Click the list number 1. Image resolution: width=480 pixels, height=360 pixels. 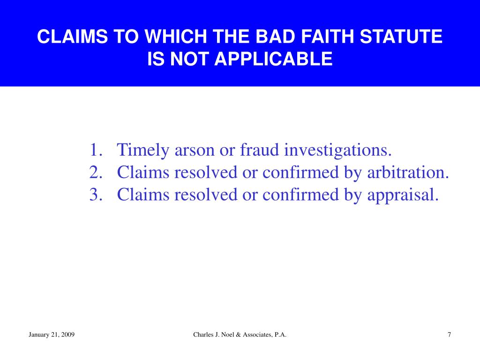(x=95, y=150)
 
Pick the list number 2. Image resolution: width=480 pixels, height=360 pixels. (x=95, y=172)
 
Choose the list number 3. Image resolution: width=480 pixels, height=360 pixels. (x=95, y=194)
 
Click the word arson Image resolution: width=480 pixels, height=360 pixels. (x=194, y=150)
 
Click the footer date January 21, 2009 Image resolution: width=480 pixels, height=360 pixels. (x=52, y=334)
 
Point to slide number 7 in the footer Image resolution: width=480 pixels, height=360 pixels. (x=450, y=334)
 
